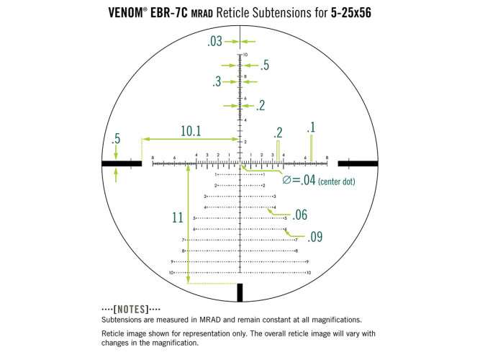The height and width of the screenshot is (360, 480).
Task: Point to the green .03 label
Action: [x=214, y=42]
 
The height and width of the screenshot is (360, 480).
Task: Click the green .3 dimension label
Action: [x=217, y=82]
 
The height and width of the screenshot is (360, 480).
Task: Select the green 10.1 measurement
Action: [x=191, y=131]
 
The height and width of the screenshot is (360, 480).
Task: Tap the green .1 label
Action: [x=311, y=127]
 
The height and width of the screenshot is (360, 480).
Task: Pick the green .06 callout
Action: [x=299, y=215]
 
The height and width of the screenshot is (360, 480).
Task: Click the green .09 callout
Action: [x=315, y=236]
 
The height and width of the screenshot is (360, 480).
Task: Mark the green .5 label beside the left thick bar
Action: [x=115, y=138]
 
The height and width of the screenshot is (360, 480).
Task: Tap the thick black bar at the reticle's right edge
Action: [x=357, y=164]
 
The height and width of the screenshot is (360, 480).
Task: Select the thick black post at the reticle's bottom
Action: [x=240, y=292]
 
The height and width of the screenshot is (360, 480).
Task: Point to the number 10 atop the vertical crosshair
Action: [x=245, y=55]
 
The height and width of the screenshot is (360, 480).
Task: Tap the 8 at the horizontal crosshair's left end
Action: [x=153, y=158]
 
